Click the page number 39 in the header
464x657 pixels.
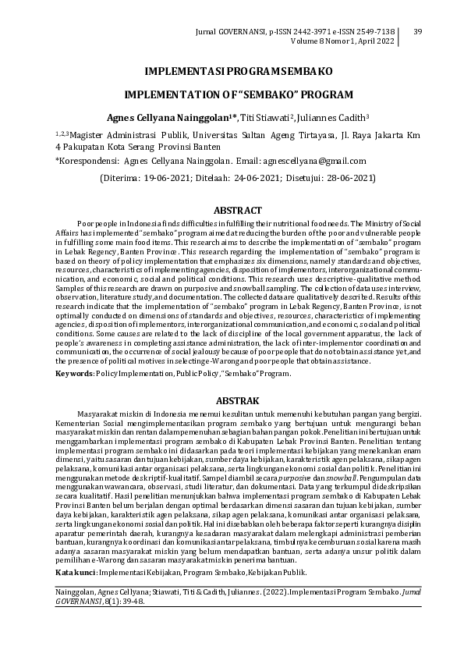tap(416, 31)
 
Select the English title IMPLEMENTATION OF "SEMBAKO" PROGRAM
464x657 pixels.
tap(239, 94)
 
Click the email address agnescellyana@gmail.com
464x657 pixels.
tap(315, 161)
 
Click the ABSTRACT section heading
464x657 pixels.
tap(239, 209)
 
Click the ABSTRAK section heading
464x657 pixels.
tap(239, 400)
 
